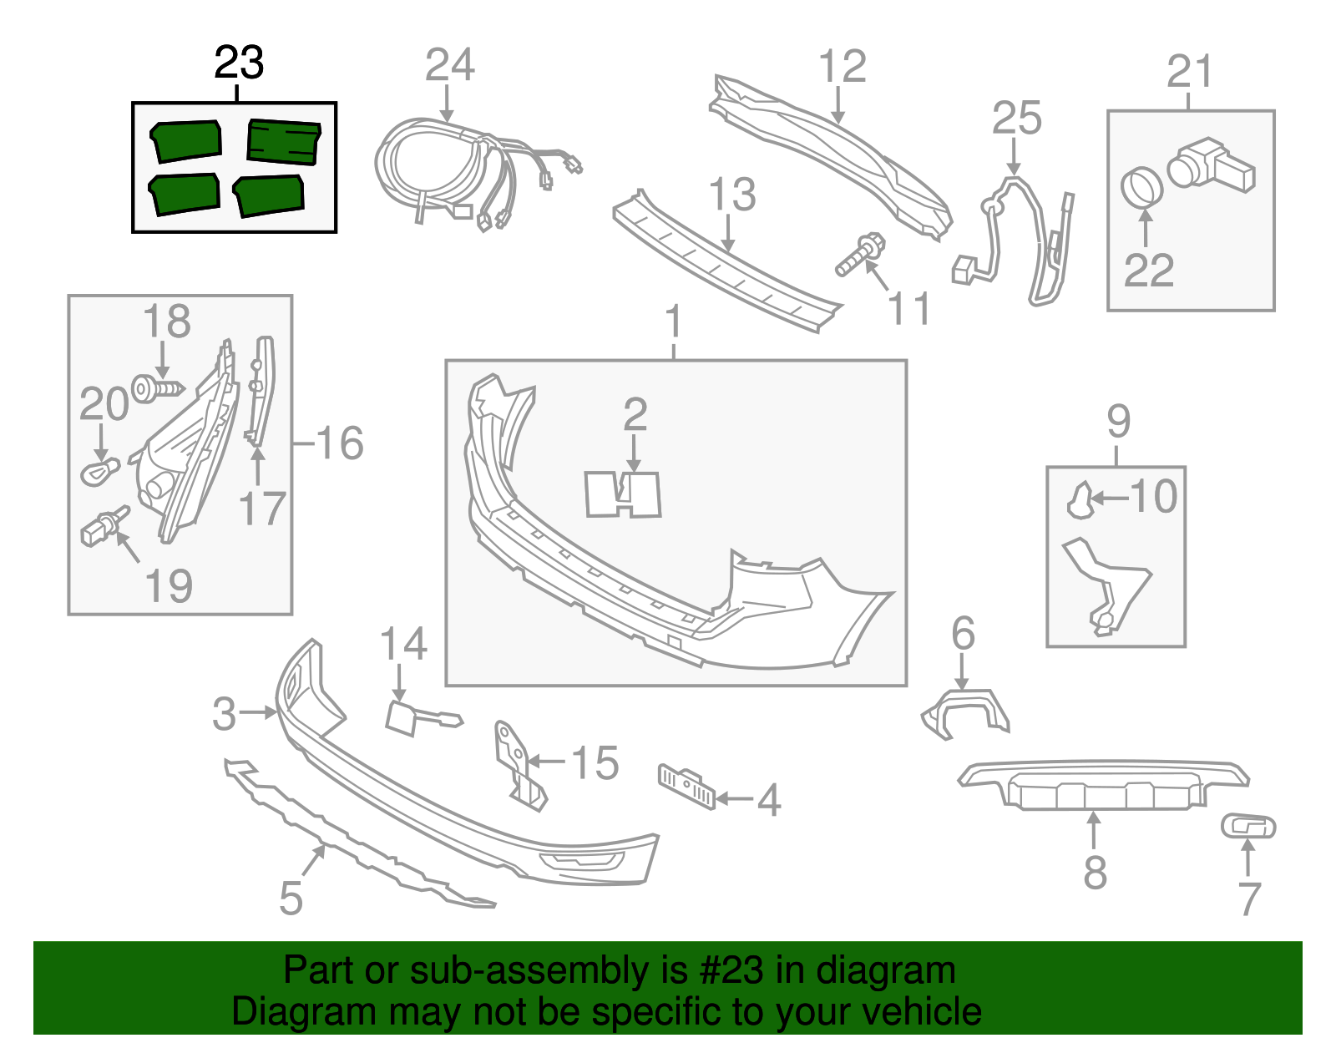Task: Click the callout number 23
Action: (239, 63)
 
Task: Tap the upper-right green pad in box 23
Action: (284, 141)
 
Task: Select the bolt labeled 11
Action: (858, 255)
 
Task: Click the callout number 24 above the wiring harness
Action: (449, 65)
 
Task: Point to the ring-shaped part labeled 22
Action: (1141, 186)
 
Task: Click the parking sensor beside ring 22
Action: (1209, 165)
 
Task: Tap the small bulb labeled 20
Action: (100, 472)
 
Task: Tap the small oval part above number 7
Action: (1248, 827)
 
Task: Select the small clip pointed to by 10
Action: (1080, 500)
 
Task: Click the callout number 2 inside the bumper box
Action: (635, 415)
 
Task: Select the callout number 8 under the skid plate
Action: (1095, 873)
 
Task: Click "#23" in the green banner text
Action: (726, 970)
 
